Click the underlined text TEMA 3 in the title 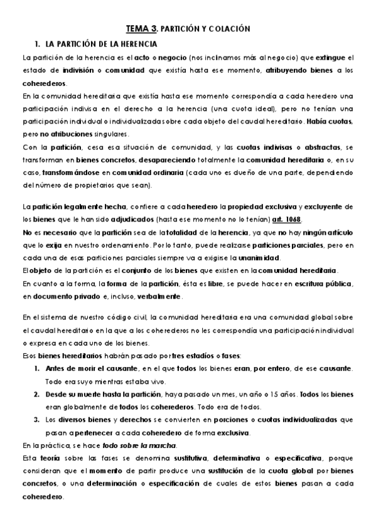click(x=142, y=29)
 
